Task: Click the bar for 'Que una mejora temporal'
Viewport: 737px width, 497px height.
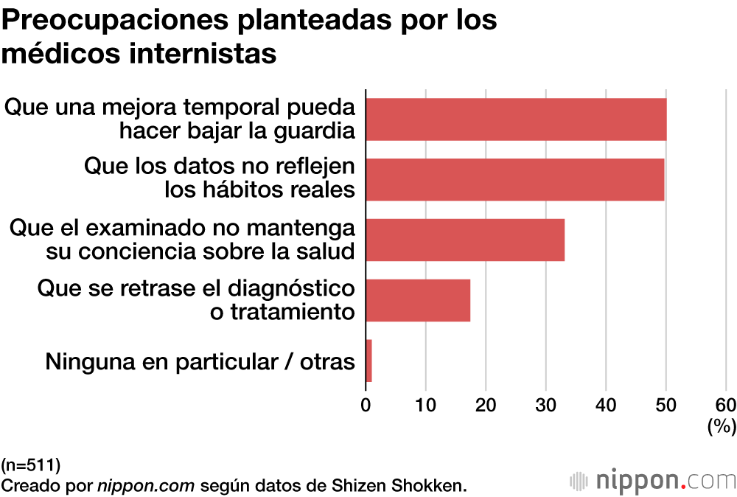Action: coord(516,119)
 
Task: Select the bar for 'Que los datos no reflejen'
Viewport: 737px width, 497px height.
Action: coord(514,179)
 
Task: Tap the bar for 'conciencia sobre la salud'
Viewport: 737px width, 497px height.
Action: coord(465,240)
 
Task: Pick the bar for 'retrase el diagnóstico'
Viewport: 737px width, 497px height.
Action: coord(418,300)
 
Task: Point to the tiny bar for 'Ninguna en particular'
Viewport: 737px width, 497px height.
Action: coord(368,361)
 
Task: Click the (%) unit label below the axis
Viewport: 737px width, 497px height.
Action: coord(721,426)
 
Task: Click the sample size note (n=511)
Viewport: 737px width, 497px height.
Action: coord(31,465)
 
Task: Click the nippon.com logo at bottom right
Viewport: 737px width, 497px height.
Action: coord(652,482)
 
